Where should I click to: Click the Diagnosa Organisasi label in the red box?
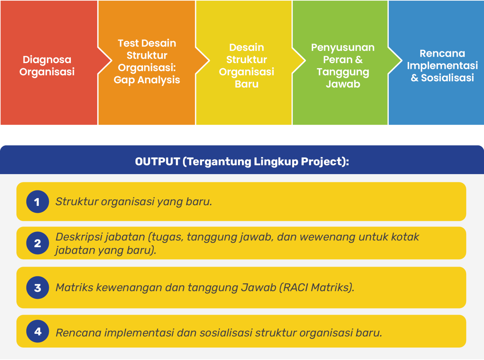click(x=47, y=66)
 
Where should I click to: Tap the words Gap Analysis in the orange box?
click(x=147, y=80)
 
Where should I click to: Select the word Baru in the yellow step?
click(x=247, y=84)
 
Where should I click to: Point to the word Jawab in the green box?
click(x=343, y=84)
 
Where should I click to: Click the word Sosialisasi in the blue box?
click(x=447, y=78)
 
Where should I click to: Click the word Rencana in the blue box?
click(x=442, y=53)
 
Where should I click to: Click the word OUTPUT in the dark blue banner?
click(x=157, y=162)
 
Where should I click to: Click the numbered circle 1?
click(x=37, y=202)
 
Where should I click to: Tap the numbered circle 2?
click(x=37, y=243)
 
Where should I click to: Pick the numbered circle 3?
click(x=37, y=288)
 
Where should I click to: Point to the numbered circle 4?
click(x=37, y=331)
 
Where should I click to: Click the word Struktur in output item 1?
click(x=77, y=201)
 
